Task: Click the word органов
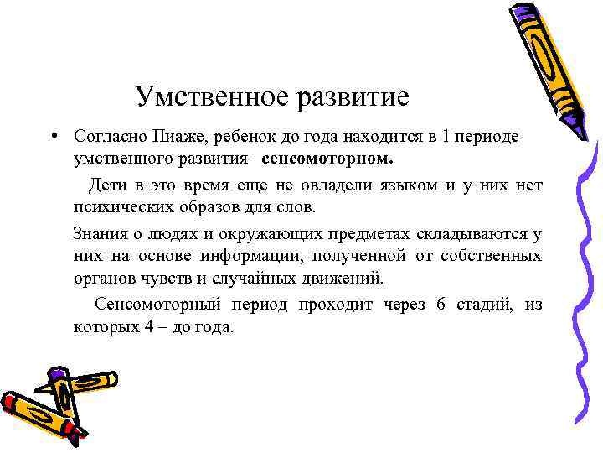pos(101,278)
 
